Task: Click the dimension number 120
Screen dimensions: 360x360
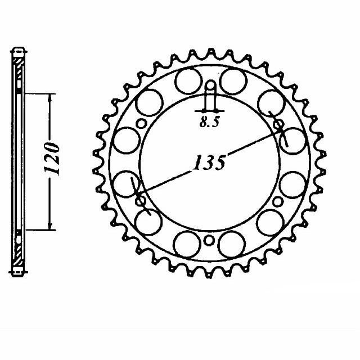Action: [52, 159]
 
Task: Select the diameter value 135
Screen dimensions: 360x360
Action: [210, 163]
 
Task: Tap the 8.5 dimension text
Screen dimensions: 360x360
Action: [209, 125]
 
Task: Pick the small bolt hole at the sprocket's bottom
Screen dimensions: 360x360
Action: [209, 241]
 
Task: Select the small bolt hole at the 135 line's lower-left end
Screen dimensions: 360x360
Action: [141, 200]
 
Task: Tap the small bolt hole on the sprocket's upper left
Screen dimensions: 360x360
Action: [142, 124]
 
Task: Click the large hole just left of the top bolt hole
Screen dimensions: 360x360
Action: [186, 81]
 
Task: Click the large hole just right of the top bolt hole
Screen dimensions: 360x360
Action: [232, 81]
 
